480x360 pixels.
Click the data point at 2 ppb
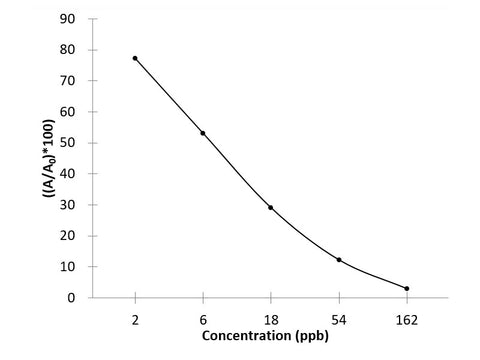coord(135,58)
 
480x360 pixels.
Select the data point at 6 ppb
coord(203,133)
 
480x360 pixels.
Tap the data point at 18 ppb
coord(271,207)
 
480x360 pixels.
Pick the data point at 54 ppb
coord(339,260)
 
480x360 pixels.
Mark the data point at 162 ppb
coord(407,288)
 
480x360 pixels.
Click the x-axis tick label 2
coord(135,319)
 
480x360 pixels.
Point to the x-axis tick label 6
coord(203,319)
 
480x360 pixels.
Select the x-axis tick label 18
coord(271,319)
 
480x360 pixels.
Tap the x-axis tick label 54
coord(339,319)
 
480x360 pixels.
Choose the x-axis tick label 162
coord(407,319)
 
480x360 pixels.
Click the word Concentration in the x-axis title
coord(244,337)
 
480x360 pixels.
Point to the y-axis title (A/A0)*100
coord(47,158)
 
